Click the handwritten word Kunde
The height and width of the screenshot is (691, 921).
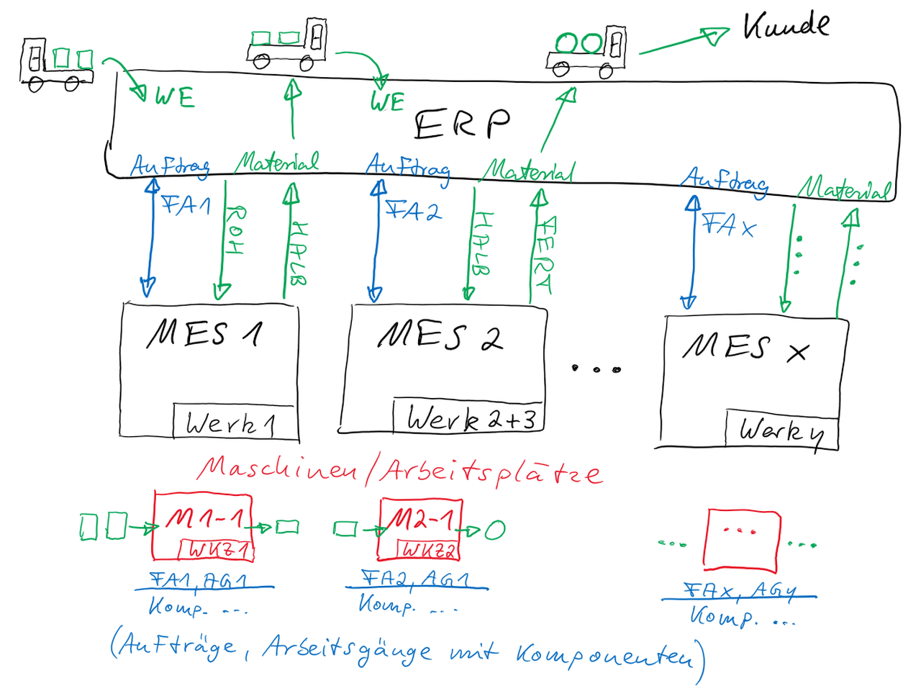pos(786,26)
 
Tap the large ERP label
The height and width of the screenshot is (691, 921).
pos(462,124)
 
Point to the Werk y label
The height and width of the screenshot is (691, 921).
pos(781,431)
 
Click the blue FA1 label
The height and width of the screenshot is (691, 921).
pos(186,205)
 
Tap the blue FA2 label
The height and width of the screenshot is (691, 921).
pos(412,211)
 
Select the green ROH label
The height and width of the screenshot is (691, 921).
pos(235,230)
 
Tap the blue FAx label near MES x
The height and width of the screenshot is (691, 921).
pos(728,225)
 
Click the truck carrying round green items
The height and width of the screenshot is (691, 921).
pos(587,50)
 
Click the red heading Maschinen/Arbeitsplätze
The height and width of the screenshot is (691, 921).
pos(399,471)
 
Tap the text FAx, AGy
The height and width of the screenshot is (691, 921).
pos(740,591)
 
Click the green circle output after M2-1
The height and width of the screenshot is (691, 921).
pos(495,530)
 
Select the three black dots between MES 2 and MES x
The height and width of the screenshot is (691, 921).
pos(596,369)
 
